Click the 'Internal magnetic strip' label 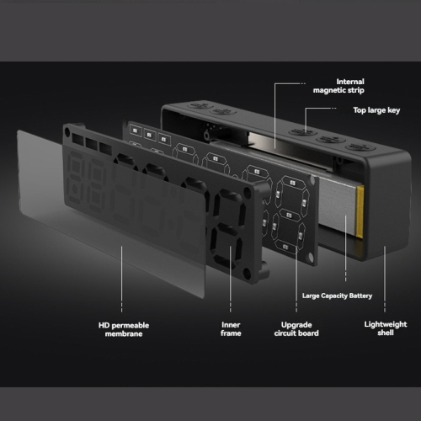coord(338,86)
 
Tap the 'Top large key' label coord(376,110)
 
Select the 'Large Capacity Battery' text coord(337,296)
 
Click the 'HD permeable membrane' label coord(124,329)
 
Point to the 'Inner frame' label coord(231,329)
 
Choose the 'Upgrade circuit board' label coord(296,329)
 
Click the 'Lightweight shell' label coord(386,328)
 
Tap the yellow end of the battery coord(360,210)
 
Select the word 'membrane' coord(124,333)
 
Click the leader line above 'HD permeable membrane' coord(121,279)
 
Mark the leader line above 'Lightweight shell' coord(385,279)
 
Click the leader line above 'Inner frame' coord(231,279)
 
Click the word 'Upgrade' coord(296,325)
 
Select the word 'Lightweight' coord(386,324)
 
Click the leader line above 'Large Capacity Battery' coord(345,248)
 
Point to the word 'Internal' coord(350,82)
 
